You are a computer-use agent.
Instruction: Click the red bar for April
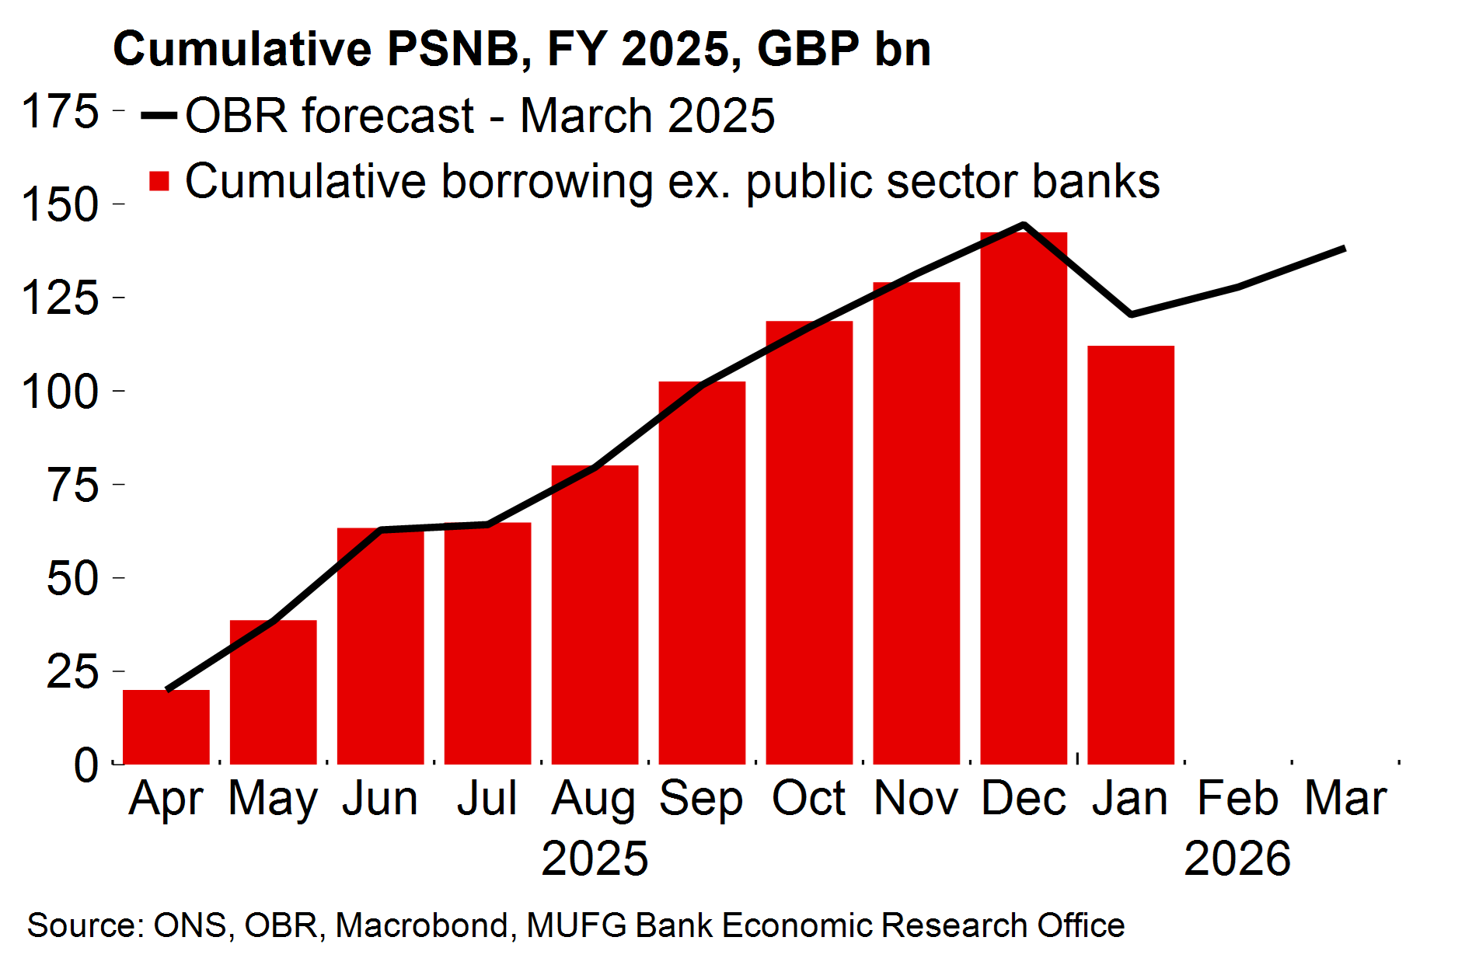pos(166,726)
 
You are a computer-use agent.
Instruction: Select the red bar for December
pos(1024,497)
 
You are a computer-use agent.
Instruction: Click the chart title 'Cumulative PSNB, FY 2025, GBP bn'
pos(521,49)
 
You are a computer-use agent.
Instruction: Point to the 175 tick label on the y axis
pos(61,111)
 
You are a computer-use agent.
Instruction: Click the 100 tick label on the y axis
pos(61,391)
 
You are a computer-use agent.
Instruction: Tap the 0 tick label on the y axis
pos(86,765)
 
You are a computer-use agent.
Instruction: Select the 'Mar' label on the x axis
pos(1345,798)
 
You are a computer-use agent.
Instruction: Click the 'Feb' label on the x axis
pos(1237,798)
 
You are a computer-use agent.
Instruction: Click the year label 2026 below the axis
pos(1237,859)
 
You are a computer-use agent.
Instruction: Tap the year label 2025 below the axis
pos(595,859)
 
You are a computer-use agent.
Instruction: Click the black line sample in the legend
pos(159,116)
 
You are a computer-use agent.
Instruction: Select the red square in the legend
pos(159,181)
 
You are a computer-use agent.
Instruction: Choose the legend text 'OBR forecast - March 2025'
pos(480,116)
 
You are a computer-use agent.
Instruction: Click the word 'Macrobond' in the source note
pos(422,925)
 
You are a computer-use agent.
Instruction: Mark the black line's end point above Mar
pos(1344,249)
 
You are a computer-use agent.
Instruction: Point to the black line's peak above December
pos(1024,225)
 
